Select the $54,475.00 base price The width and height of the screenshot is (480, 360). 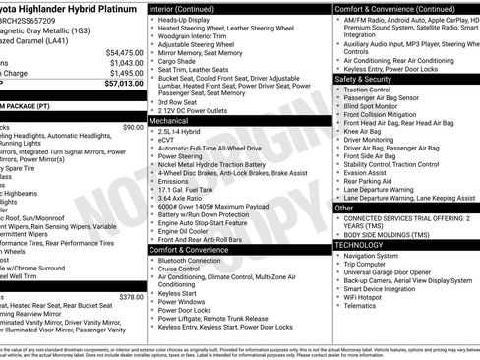click(x=122, y=52)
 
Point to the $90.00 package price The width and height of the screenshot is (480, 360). click(x=132, y=127)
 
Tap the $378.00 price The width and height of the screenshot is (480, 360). click(x=130, y=296)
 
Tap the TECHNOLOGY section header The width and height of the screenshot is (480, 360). click(x=364, y=244)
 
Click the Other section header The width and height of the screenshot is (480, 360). click(x=344, y=209)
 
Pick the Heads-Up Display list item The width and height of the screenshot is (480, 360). click(x=186, y=19)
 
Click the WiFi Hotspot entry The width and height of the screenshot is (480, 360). click(x=366, y=296)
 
